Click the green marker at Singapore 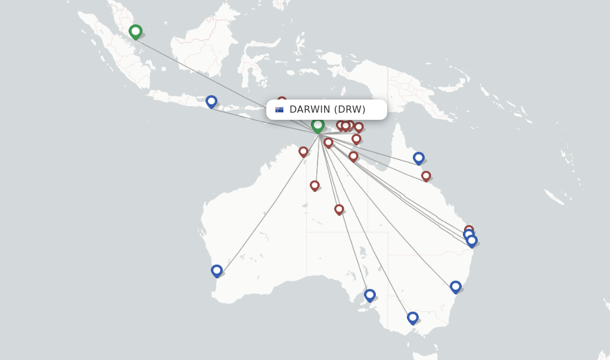coord(135,31)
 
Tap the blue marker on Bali coord(211,101)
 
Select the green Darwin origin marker coord(318,125)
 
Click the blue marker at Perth coord(217,271)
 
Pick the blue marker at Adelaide coord(370,294)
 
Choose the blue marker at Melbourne coord(413,318)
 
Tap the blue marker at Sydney coord(456,287)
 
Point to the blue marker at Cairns coord(419,158)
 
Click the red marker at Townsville coord(426,176)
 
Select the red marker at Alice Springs coord(339,209)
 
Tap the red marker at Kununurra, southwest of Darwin coord(303,151)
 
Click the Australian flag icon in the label coord(279,110)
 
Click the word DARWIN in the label coord(310,110)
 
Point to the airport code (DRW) coord(350,110)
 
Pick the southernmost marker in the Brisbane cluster coord(472,241)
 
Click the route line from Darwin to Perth coord(268,202)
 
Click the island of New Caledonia coord(553,197)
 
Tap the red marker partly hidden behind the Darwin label coord(282,100)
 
